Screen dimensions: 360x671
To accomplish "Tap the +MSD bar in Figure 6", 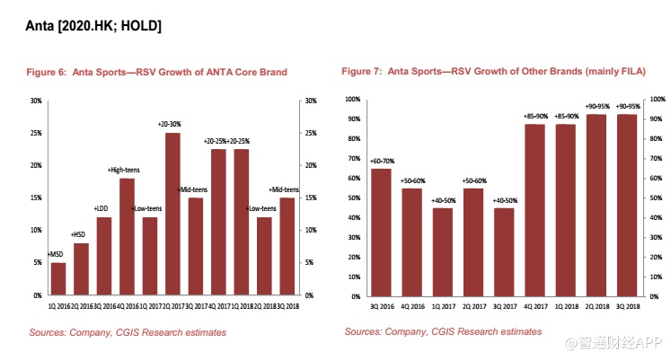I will click(57, 278).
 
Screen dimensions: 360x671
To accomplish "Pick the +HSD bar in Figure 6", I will click(81, 268).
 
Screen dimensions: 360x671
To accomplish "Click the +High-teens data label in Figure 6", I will click(127, 170).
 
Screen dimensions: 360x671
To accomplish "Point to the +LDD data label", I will click(103, 208).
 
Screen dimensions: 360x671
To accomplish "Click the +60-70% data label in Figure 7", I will click(382, 161).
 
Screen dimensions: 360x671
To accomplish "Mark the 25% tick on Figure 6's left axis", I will click(36, 133).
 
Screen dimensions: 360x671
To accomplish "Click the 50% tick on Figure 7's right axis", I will click(657, 198).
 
